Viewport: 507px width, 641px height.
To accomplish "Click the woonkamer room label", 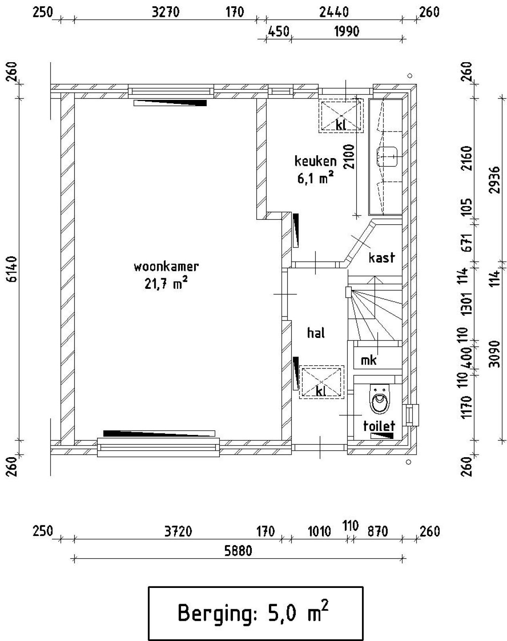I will click(166, 267).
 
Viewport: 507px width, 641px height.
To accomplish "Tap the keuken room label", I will click(315, 161).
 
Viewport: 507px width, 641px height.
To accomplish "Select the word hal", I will click(316, 333).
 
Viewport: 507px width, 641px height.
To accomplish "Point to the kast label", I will click(381, 258).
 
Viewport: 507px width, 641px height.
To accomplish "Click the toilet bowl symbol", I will click(380, 399).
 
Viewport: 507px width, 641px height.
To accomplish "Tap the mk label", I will click(368, 360).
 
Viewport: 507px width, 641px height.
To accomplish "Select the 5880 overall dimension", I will click(238, 551).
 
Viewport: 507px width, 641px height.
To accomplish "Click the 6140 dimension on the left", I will click(13, 269).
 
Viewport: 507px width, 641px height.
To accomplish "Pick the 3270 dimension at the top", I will click(166, 12).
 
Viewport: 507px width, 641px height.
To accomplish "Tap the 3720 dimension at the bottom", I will click(178, 531).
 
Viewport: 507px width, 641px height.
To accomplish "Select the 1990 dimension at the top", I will click(347, 31).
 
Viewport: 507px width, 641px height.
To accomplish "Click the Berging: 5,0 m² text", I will click(253, 612).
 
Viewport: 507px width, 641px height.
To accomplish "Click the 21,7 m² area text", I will click(166, 284).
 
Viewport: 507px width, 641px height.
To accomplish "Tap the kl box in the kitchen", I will click(341, 115).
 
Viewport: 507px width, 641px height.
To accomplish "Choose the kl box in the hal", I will click(321, 382).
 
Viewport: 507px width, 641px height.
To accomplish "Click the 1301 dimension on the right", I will click(467, 304).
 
